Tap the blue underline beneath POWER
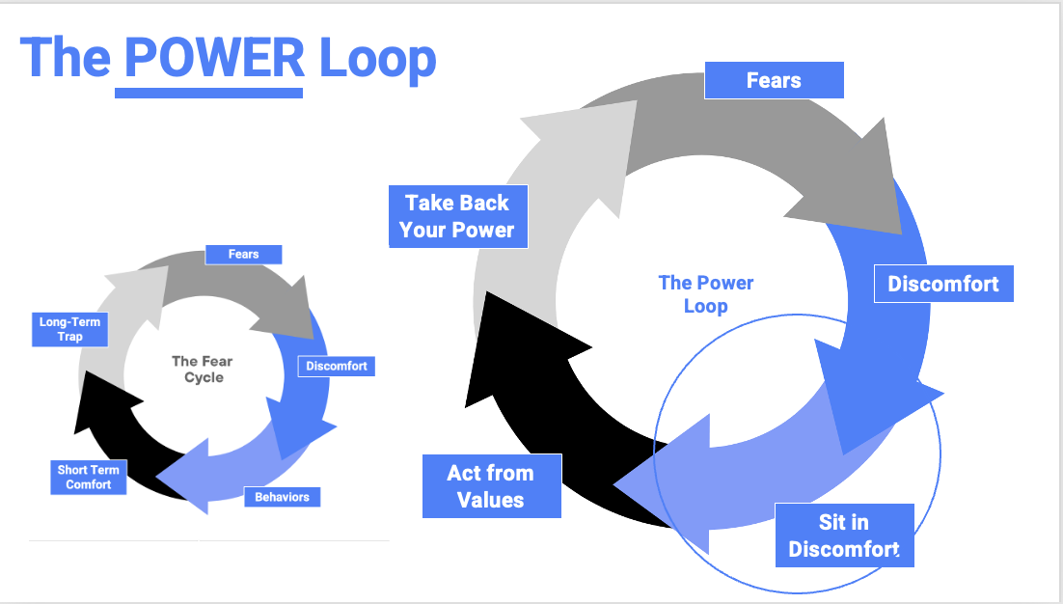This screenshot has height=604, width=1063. click(x=208, y=94)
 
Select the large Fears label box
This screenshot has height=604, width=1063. click(x=774, y=80)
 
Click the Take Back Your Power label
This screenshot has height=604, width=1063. click(x=458, y=217)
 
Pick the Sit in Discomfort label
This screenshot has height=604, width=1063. click(x=844, y=535)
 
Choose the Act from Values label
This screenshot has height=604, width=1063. click(x=491, y=485)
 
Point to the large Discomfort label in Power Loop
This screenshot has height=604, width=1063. click(x=943, y=284)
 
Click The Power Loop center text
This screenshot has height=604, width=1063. click(x=705, y=293)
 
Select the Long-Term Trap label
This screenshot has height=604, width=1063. click(x=69, y=329)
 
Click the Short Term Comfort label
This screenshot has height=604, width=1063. click(x=89, y=477)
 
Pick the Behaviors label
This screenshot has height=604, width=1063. click(x=282, y=497)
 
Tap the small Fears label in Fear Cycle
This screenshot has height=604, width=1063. click(x=243, y=255)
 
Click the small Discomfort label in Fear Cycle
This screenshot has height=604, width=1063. click(x=336, y=367)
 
